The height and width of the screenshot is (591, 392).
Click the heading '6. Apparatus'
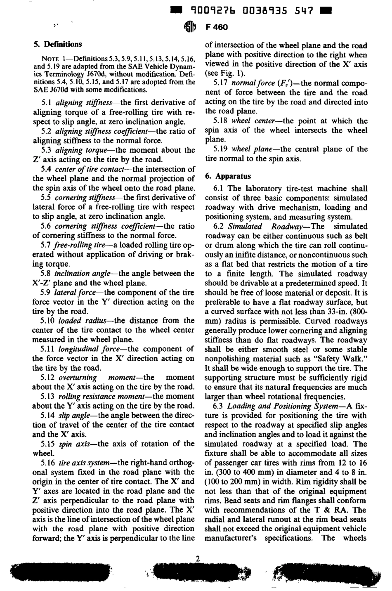[x=228, y=176]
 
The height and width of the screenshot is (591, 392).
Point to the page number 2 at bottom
[x=198, y=559]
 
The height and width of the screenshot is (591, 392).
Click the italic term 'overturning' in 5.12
[x=78, y=378]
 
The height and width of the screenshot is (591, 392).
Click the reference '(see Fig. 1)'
[x=225, y=74]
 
